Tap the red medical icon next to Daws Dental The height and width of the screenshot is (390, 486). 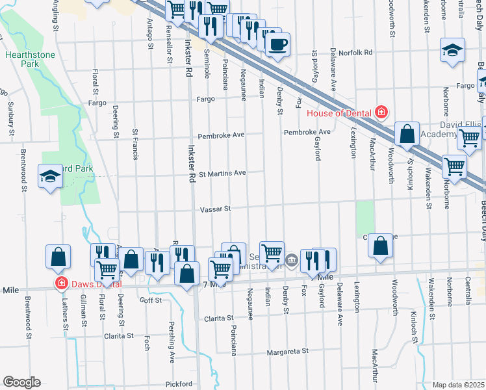[x=61, y=283]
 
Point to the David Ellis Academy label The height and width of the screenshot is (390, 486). [x=457, y=129]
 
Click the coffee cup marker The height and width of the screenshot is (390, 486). [x=277, y=45]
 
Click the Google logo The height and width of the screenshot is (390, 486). [x=21, y=382]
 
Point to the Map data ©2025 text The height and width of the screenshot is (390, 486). [x=459, y=385]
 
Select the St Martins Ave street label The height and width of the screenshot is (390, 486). [x=222, y=174]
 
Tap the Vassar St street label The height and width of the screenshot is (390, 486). [x=215, y=209]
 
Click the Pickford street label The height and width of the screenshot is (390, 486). [x=179, y=383]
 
